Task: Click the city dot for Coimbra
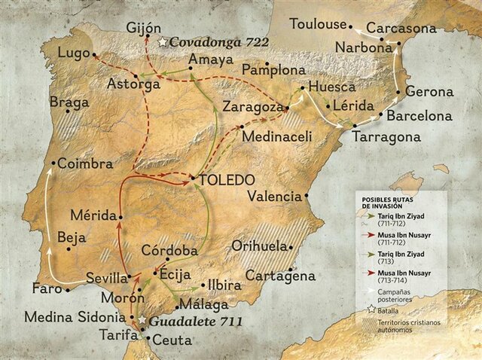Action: point(53,163)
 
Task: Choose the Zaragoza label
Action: point(252,107)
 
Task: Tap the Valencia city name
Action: point(274,197)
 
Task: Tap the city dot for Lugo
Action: point(94,54)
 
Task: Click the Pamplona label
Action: point(272,70)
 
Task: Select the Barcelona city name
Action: point(419,116)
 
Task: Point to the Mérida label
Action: point(93,214)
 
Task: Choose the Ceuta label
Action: point(172,340)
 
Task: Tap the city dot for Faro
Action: point(67,288)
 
